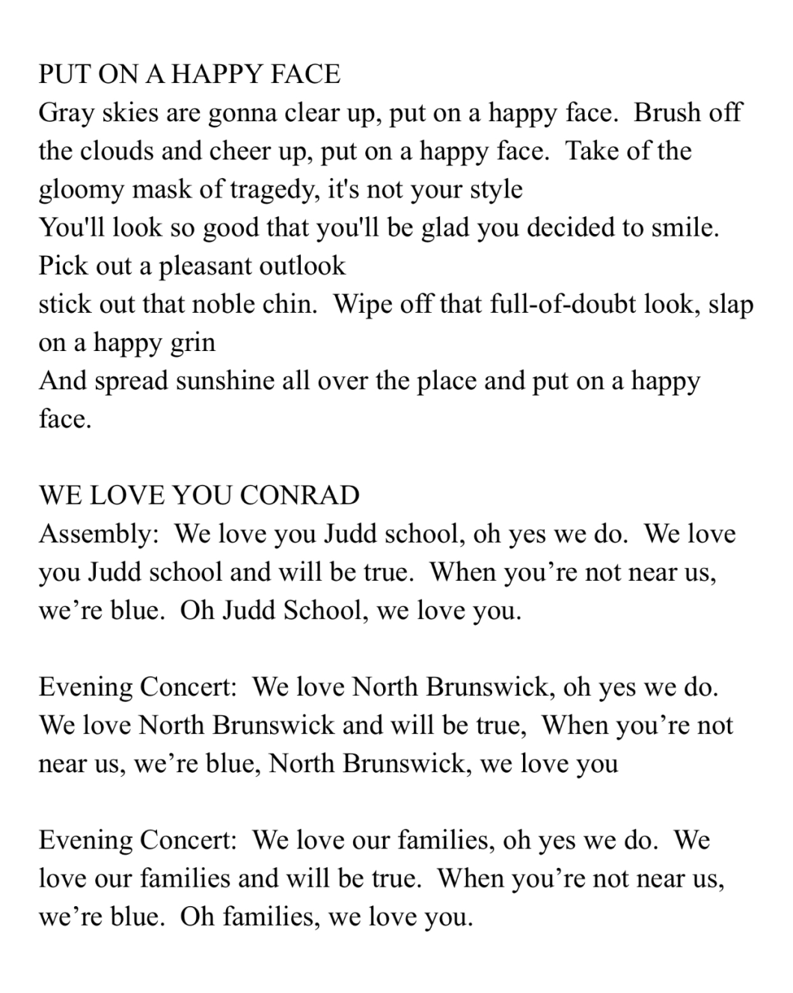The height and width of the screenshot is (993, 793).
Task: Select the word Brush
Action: coord(667,112)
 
